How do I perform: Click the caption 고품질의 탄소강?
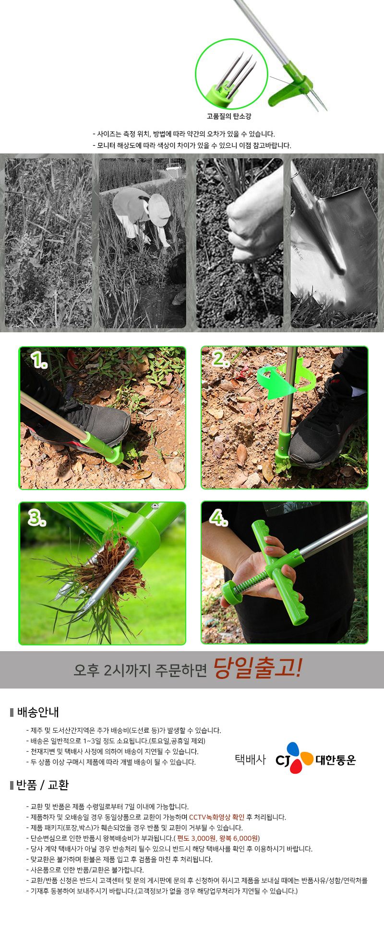click(x=229, y=116)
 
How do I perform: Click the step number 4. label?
click(x=218, y=518)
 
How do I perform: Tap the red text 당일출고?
click(x=257, y=669)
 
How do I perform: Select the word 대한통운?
click(x=336, y=760)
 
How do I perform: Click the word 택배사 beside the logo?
click(x=250, y=760)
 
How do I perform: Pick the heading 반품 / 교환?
click(x=42, y=785)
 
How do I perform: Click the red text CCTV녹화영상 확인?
click(x=216, y=817)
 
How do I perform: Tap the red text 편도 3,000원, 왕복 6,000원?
click(x=218, y=838)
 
